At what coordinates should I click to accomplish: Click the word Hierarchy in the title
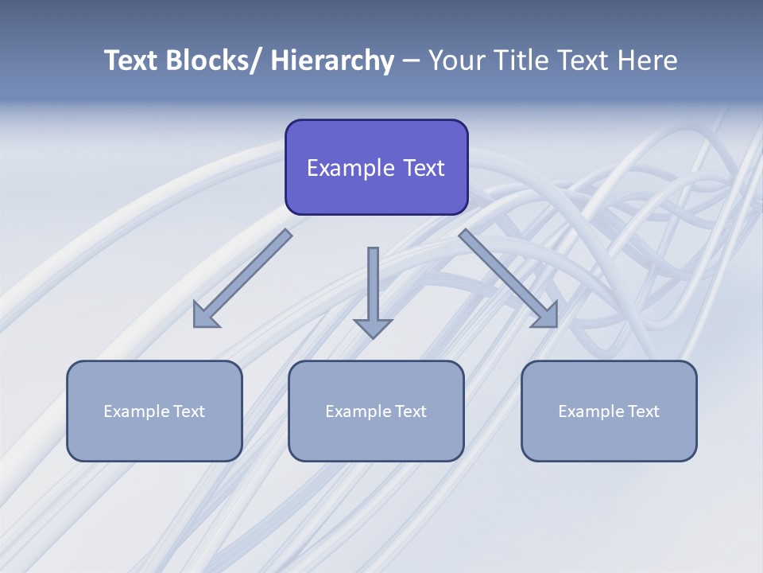pos(332,60)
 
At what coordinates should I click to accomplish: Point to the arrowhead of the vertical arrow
pos(373,327)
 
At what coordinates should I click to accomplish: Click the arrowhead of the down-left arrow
pos(204,317)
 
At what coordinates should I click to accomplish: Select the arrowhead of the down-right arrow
pos(546,316)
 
